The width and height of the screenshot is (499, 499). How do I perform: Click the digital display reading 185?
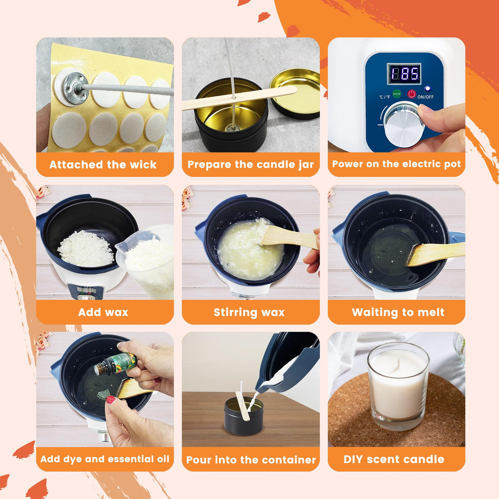[404, 74]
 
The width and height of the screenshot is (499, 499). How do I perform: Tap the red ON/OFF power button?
[411, 94]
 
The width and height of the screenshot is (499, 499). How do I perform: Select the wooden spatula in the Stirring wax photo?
[288, 238]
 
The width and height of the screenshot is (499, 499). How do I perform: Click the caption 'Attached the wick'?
[103, 165]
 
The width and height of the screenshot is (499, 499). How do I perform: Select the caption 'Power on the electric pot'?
[396, 164]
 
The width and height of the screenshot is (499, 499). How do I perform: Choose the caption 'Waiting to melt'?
[398, 312]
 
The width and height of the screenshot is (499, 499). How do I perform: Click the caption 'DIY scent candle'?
[394, 459]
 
